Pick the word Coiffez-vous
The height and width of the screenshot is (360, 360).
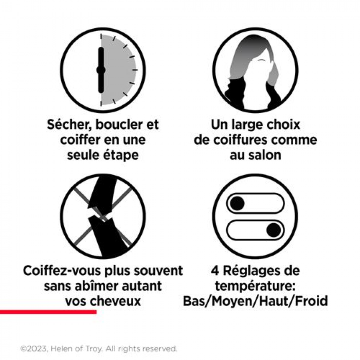(62, 270)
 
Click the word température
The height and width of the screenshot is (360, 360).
(255, 286)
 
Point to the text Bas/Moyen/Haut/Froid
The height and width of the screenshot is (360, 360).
(255, 301)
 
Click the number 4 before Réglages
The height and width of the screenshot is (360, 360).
(215, 271)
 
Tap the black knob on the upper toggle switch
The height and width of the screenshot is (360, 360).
(237, 203)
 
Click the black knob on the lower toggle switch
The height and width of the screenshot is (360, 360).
(274, 230)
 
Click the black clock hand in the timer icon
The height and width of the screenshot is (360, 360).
(101, 70)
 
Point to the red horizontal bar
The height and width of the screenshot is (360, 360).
(48, 312)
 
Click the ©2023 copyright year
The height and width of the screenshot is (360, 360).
(34, 348)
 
